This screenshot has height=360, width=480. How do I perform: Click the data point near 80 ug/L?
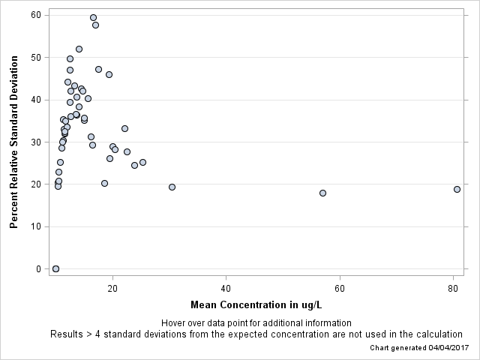pos(457,189)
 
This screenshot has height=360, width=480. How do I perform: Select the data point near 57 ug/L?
pos(322,193)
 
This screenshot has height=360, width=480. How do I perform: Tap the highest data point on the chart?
pos(93,17)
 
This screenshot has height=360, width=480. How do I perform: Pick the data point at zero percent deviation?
pos(55,268)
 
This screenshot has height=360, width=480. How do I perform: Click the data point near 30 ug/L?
pos(172,187)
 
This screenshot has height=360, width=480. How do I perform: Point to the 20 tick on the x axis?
pos(112,288)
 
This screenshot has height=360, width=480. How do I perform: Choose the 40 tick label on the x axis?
pos(226,288)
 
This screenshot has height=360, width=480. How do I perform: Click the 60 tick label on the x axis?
pos(340,288)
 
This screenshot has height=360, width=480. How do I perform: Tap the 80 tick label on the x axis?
pos(453,288)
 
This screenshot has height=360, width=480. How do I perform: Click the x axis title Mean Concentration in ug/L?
pos(256,304)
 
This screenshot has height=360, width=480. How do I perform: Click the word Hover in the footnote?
pos(174,322)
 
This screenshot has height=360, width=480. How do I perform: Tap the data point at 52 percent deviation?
pos(79,49)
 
